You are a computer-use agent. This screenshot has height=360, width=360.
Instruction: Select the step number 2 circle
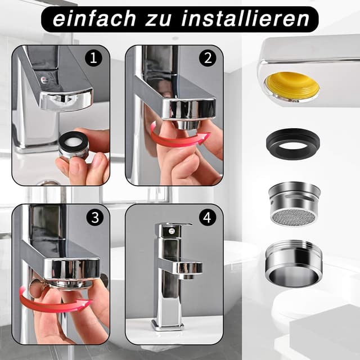click(208, 58)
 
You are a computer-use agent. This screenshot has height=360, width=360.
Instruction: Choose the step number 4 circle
click(208, 218)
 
